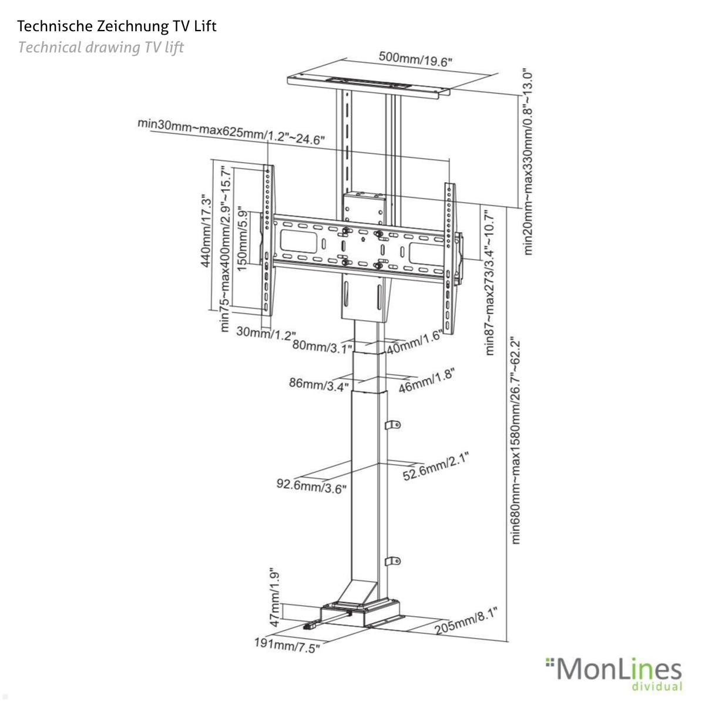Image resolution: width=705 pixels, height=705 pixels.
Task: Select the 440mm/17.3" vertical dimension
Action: [x=205, y=231]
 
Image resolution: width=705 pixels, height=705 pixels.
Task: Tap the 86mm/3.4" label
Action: [x=319, y=384]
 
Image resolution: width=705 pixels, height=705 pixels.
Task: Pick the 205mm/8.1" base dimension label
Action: [x=466, y=622]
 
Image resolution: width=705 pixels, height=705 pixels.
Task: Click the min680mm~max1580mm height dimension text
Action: [x=516, y=440]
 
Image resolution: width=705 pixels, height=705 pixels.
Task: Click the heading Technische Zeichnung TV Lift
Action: [x=117, y=26]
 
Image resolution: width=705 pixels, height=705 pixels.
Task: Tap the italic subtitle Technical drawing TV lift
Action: [x=101, y=47]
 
